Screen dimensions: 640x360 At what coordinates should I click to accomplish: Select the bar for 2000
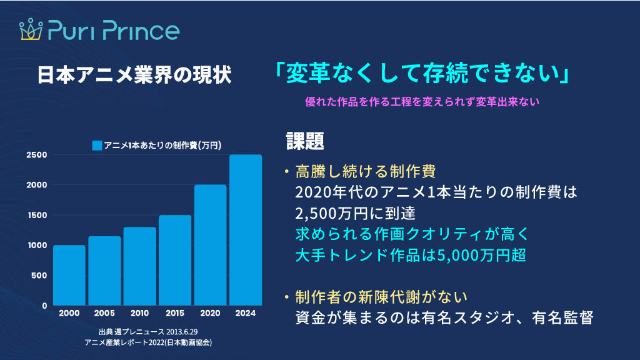coord(69,275)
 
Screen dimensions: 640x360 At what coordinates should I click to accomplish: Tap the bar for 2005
coord(104,271)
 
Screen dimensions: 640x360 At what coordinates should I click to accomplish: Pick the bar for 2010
coord(139,266)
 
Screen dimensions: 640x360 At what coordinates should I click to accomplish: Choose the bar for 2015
coord(175,260)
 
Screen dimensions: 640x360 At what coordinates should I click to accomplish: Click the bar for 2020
coord(210,245)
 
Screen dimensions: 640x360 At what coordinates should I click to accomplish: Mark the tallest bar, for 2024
coord(246,230)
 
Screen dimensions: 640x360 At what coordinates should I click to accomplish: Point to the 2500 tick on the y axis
coord(37,155)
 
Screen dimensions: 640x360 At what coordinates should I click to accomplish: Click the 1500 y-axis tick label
coord(37,215)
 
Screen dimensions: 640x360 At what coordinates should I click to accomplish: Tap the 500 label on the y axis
coord(39,276)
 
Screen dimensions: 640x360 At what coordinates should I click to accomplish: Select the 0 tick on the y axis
coord(44,306)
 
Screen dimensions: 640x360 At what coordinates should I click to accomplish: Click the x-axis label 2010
coord(139,313)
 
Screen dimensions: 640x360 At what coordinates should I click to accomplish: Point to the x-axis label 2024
coord(246,313)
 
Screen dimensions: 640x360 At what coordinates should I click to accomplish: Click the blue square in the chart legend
coord(97,145)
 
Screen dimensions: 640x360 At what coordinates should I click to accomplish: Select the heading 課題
coord(305,141)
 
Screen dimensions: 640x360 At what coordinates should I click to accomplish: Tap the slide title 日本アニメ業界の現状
coord(134,75)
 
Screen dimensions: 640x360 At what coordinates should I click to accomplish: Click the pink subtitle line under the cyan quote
coord(422,102)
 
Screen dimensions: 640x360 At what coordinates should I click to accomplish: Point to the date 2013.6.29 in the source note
coord(182,331)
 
